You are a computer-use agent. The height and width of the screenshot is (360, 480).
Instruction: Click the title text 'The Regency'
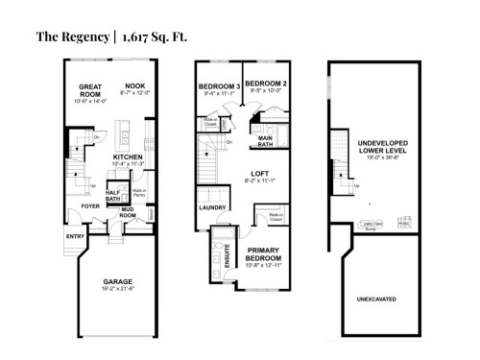point(72,37)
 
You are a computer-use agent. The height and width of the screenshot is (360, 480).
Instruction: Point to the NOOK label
point(134,85)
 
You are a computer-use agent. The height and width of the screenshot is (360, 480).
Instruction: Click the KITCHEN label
point(129,156)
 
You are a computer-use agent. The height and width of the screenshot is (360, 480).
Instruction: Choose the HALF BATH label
point(112,193)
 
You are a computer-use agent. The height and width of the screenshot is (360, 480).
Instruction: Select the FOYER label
point(90,205)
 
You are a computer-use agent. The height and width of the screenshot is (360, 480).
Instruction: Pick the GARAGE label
point(118,281)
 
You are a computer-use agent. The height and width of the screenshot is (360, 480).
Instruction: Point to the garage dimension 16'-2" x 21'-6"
point(118,290)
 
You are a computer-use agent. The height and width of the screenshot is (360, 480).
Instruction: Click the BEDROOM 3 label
point(218,86)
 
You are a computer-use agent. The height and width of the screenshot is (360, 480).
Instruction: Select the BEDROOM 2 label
point(264,84)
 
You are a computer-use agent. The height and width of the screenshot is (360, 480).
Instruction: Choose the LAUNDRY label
point(212,206)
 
